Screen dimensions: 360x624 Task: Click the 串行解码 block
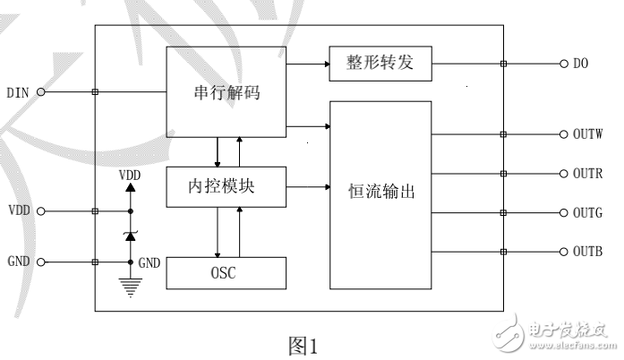point(227,91)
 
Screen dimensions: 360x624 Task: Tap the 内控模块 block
point(227,188)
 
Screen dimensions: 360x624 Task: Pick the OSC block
point(227,272)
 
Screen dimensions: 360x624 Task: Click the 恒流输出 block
point(380,193)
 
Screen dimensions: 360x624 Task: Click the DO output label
point(580,64)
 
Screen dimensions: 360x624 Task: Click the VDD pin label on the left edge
point(19,212)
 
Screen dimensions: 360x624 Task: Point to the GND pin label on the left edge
point(19,263)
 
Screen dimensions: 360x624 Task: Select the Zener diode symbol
point(131,236)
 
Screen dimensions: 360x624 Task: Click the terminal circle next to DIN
point(40,91)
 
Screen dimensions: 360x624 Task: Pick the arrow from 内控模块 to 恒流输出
point(308,188)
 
